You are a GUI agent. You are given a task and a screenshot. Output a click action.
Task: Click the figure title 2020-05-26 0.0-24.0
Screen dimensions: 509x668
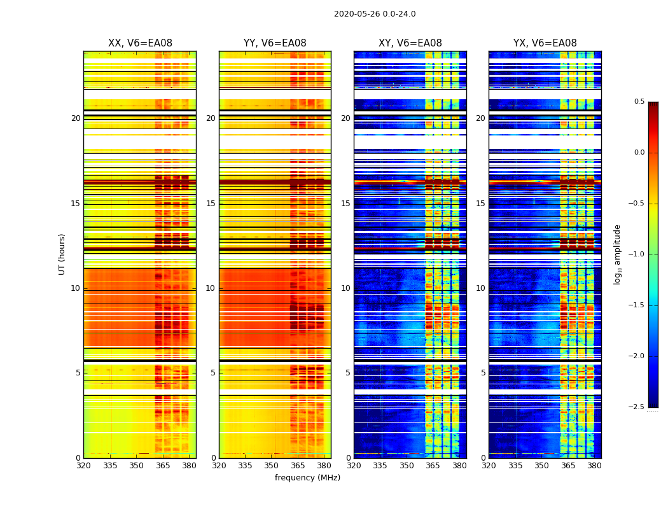click(375, 14)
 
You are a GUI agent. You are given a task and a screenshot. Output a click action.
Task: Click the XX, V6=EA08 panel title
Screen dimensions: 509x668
click(140, 43)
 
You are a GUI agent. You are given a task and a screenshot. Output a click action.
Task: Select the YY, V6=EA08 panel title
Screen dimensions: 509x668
click(275, 43)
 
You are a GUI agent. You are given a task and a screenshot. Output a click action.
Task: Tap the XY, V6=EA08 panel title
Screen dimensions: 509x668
click(410, 43)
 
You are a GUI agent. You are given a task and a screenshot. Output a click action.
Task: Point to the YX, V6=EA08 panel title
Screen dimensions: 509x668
click(545, 43)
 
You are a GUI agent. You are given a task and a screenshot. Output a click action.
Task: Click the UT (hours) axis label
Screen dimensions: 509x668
click(62, 254)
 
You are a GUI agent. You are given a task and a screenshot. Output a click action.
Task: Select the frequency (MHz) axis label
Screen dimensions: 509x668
click(307, 478)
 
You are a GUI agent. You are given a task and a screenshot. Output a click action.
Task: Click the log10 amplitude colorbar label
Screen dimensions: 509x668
click(617, 254)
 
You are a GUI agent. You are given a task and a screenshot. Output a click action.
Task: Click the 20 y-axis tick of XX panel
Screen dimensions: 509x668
click(76, 118)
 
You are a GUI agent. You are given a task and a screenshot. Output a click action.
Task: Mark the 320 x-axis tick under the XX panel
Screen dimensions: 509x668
click(83, 466)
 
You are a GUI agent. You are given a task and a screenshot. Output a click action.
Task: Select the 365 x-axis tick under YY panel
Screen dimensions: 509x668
click(298, 466)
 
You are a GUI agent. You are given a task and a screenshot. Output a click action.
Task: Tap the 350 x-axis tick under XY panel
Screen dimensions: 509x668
click(407, 466)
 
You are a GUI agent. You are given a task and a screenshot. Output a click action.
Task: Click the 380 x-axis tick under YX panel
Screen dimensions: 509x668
click(594, 466)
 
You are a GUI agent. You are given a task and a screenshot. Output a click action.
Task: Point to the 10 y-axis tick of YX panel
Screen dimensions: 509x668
click(481, 288)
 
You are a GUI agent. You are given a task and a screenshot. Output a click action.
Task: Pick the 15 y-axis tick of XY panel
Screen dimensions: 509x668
click(346, 204)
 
